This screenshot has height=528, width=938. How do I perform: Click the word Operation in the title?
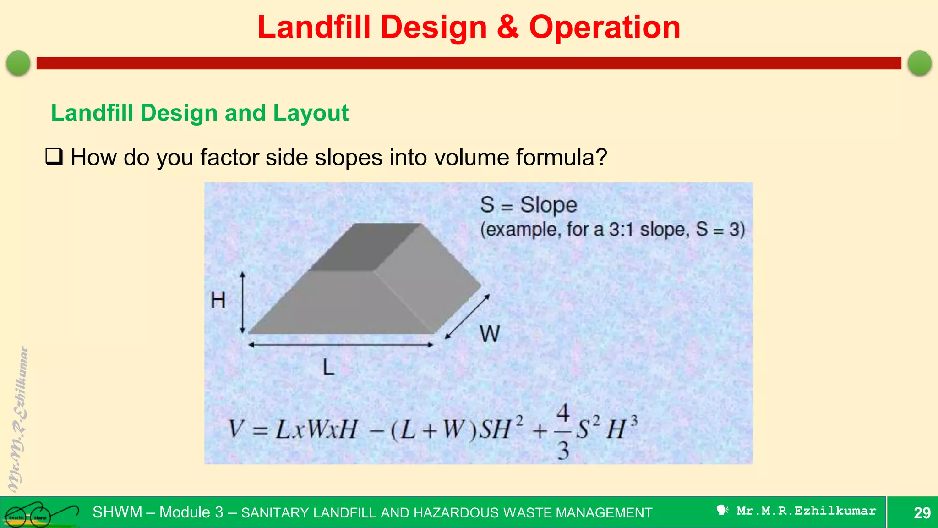605,27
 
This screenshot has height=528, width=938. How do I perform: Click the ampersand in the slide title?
507,27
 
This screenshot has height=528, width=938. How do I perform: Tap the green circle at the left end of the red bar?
18,63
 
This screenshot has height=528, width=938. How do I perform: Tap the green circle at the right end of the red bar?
919,63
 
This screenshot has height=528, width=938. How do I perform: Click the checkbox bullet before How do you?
54,157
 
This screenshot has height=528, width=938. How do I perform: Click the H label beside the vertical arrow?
218,301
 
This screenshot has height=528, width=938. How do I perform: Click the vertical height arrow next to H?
243,302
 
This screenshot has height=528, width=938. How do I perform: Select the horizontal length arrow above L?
340,345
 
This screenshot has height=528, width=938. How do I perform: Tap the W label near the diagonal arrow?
490,334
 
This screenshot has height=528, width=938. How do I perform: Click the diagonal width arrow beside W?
468,317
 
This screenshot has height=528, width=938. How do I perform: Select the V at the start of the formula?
236,430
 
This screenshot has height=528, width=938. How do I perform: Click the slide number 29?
922,512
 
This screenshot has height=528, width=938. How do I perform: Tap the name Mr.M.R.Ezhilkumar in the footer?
806,511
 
